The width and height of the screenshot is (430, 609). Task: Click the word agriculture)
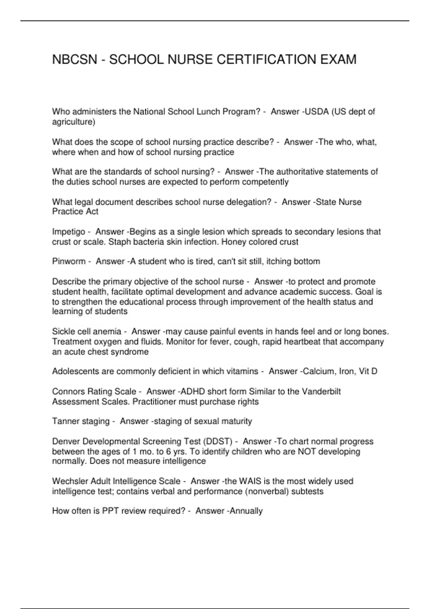click(x=74, y=122)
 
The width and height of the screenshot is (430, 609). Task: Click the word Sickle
click(x=63, y=332)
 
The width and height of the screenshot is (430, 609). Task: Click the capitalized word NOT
click(x=307, y=451)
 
